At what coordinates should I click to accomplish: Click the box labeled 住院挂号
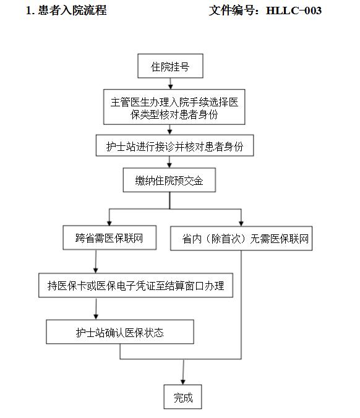[170, 66]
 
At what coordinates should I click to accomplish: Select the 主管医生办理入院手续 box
[174, 107]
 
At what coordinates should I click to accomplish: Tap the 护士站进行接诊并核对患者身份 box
[174, 145]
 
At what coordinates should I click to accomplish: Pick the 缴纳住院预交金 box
[169, 180]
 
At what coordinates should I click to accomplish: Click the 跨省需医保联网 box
[109, 237]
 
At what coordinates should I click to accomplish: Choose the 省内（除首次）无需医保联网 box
[241, 238]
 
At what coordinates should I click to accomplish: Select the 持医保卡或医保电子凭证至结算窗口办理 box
[135, 285]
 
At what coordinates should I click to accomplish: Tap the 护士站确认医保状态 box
[120, 332]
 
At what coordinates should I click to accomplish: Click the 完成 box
[182, 397]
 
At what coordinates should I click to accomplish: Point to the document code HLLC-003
[294, 11]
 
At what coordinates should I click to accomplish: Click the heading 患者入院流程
[72, 11]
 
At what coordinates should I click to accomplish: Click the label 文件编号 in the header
[231, 11]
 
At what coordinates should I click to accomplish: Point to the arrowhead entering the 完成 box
[182, 382]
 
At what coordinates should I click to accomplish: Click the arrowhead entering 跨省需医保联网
[109, 223]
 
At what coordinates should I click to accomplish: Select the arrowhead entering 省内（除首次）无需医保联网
[241, 223]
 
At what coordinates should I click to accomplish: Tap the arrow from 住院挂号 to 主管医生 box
[170, 83]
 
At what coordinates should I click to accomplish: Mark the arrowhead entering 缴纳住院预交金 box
[169, 165]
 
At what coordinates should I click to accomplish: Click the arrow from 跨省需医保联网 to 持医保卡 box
[96, 262]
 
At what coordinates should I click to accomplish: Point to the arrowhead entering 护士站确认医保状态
[96, 317]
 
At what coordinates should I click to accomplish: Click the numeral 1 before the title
[28, 11]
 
